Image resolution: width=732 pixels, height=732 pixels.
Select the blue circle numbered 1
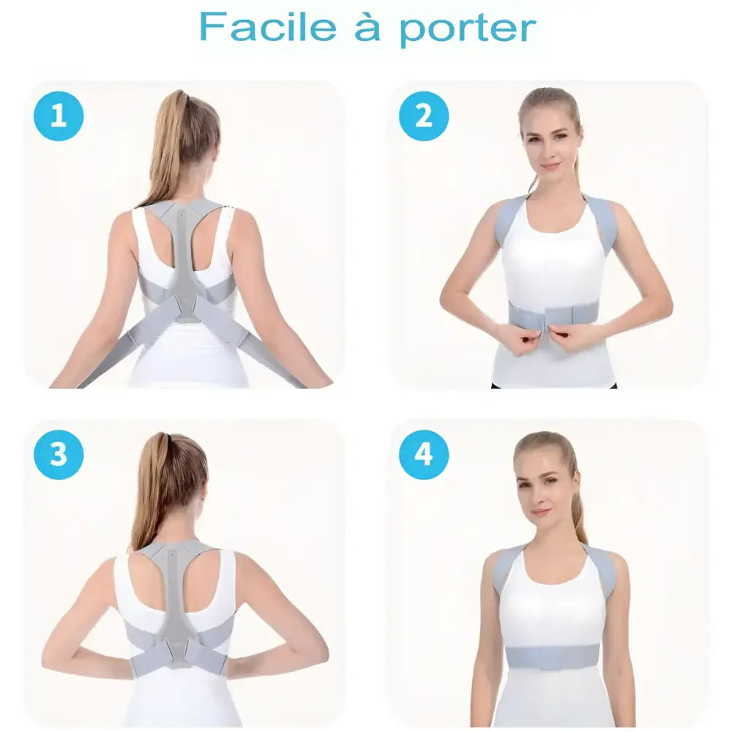(x=59, y=116)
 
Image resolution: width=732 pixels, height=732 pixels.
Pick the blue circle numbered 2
(x=424, y=116)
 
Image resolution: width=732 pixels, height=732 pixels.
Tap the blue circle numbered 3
(x=59, y=455)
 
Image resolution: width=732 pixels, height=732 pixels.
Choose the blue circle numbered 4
(x=424, y=455)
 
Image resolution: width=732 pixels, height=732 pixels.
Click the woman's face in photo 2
(x=549, y=143)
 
